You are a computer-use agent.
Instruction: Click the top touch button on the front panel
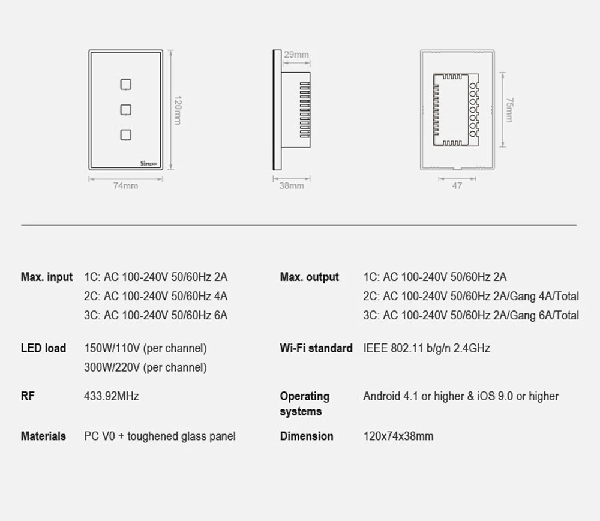(125, 84)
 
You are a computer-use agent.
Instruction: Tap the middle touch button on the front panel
(125, 109)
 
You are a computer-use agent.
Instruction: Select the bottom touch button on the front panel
(125, 134)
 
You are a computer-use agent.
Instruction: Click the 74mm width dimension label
(125, 186)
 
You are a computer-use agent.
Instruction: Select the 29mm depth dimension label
(296, 55)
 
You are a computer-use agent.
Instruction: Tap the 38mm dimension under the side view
(292, 186)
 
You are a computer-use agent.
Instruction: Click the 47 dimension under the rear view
(457, 186)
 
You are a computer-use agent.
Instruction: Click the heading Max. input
(47, 277)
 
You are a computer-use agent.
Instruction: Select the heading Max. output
(309, 277)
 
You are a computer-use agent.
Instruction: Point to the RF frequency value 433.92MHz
(112, 396)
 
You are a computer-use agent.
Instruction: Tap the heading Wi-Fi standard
(316, 348)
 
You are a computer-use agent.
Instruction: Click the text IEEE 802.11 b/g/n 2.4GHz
(427, 348)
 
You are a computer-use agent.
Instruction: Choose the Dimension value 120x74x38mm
(398, 436)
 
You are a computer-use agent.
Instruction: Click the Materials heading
(43, 436)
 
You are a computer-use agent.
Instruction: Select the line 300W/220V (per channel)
(145, 367)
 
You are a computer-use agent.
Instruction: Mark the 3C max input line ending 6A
(156, 315)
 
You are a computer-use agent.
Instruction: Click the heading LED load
(43, 348)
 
